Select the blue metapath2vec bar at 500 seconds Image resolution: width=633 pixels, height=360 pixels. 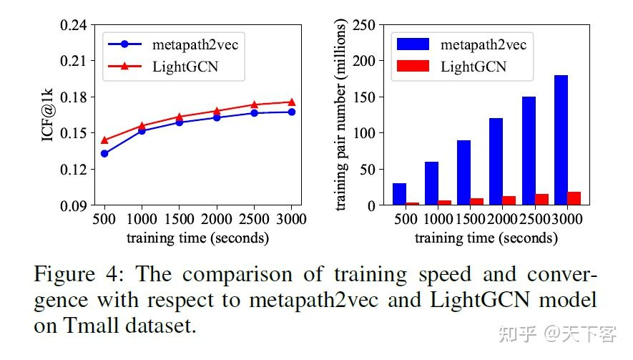tap(399, 194)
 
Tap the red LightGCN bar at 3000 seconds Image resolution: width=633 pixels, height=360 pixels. tap(574, 198)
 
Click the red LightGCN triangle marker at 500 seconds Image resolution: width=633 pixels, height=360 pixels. tap(104, 140)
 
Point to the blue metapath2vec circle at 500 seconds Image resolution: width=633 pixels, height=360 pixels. tap(104, 153)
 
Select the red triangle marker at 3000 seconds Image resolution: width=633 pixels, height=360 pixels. tap(291, 102)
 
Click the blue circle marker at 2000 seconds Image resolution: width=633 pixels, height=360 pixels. tap(217, 117)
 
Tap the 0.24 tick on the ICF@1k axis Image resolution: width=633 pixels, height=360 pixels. tap(74, 25)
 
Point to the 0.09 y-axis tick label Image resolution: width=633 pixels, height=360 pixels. tap(74, 206)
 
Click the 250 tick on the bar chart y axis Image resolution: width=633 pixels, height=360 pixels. tap(365, 25)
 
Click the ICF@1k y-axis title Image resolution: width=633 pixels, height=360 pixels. tap(46, 115)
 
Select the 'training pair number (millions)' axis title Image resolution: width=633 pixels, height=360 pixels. tap(343, 115)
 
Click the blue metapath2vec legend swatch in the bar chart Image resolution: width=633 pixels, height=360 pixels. tap(413, 44)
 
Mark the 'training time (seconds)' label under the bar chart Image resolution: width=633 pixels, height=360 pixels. tap(486, 238)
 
